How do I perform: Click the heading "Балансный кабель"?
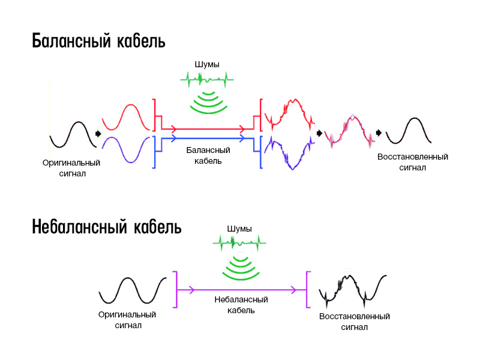point(98,42)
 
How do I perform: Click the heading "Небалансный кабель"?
point(107,228)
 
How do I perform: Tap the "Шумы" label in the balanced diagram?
point(207,64)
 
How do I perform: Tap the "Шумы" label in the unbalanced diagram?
point(239,229)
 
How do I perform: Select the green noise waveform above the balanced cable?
point(207,79)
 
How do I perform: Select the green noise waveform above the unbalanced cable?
point(239,243)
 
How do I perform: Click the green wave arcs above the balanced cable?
point(208,102)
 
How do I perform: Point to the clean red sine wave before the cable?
point(126,118)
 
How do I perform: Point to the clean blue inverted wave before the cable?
point(126,150)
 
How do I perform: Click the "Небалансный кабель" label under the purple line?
point(241,305)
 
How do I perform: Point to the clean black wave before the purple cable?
point(133,290)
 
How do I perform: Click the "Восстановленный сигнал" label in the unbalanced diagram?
point(355,322)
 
